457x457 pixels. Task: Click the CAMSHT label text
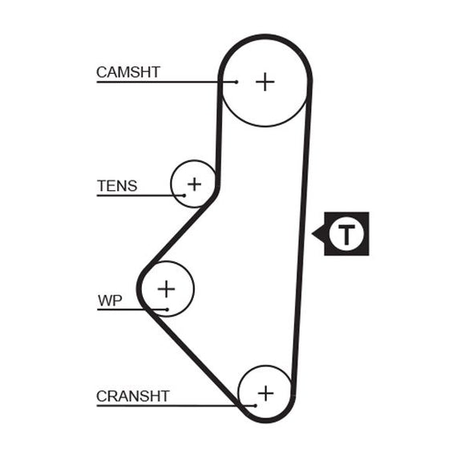click(x=128, y=72)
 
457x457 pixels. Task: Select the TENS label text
click(x=117, y=186)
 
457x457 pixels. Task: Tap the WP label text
click(x=110, y=301)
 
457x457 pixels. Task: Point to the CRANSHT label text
click(x=133, y=396)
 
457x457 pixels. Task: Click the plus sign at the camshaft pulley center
click(x=265, y=82)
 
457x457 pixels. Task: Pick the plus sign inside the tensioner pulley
click(x=194, y=184)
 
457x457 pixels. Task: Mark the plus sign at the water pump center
click(x=166, y=289)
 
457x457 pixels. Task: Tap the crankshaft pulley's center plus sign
click(x=265, y=394)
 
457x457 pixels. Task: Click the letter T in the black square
click(x=346, y=234)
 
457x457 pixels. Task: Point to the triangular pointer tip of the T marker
click(x=312, y=233)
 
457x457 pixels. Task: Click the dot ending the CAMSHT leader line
click(x=237, y=83)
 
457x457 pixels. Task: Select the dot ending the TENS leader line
click(x=184, y=196)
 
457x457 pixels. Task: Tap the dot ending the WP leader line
click(x=167, y=309)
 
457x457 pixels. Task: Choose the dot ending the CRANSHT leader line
click(x=255, y=406)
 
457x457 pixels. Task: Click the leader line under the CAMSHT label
click(x=166, y=83)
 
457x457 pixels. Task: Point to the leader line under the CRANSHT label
click(x=176, y=406)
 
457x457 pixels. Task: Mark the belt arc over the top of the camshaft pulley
click(x=265, y=36)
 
